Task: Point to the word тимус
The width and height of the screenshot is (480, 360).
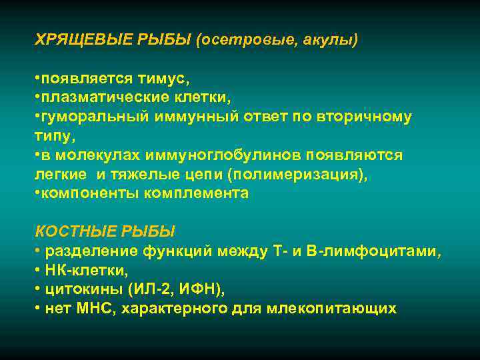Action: pos(164,79)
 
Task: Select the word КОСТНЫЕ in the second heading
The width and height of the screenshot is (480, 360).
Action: pos(75,232)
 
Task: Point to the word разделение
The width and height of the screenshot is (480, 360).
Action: pos(91,251)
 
